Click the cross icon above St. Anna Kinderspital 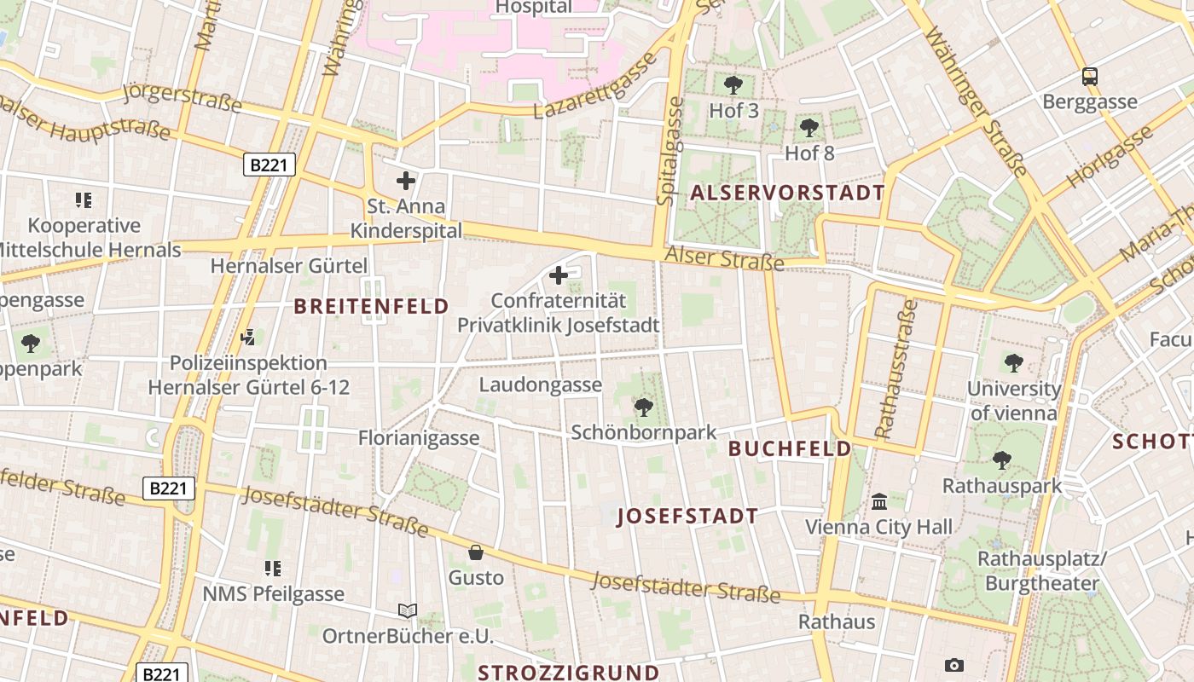[x=406, y=181]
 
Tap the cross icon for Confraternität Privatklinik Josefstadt [x=559, y=275]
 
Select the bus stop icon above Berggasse [x=1089, y=77]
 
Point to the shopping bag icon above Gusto [x=476, y=552]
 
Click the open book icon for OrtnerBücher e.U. [x=408, y=610]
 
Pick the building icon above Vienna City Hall [x=879, y=501]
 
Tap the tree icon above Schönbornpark [x=644, y=407]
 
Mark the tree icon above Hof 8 [x=809, y=129]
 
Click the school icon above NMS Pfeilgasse [x=273, y=568]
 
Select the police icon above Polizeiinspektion [x=248, y=338]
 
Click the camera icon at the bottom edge [x=954, y=665]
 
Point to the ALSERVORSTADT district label [x=787, y=193]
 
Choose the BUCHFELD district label [x=789, y=448]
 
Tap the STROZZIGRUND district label [x=568, y=672]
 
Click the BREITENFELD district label [x=371, y=306]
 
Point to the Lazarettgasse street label [x=595, y=87]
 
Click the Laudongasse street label [x=540, y=385]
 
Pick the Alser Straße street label [x=723, y=257]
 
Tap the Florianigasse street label [x=419, y=438]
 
